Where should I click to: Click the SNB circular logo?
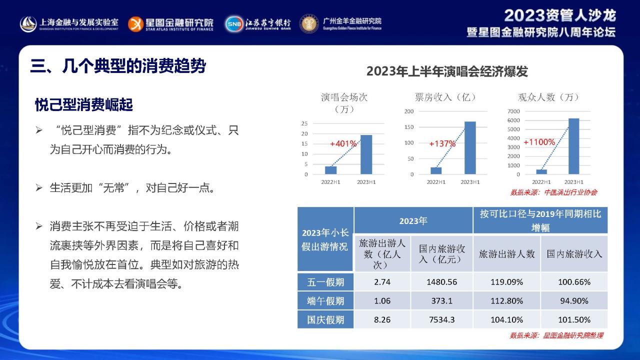point(234,24)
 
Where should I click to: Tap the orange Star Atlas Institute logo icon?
point(135,24)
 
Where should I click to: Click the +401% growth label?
point(343,143)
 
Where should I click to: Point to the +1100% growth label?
point(539,141)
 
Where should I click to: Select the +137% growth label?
point(442,143)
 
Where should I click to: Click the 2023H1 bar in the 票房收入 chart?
point(470,147)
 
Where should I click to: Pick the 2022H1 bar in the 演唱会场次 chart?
point(331,170)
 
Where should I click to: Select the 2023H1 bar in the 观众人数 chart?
point(573,146)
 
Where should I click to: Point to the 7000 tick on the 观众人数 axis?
point(513,111)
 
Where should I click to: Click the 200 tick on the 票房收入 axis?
point(409,111)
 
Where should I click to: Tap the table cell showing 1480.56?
point(441,282)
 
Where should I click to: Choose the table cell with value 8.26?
point(382,319)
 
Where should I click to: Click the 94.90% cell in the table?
point(574,300)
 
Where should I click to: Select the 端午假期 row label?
point(325,301)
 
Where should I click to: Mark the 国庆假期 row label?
point(325,319)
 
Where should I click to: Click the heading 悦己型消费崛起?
point(83,104)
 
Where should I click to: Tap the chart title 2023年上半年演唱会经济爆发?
point(447,71)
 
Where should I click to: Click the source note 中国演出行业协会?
point(570,192)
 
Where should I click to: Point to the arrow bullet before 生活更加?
point(39,187)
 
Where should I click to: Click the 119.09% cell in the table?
point(506,282)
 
